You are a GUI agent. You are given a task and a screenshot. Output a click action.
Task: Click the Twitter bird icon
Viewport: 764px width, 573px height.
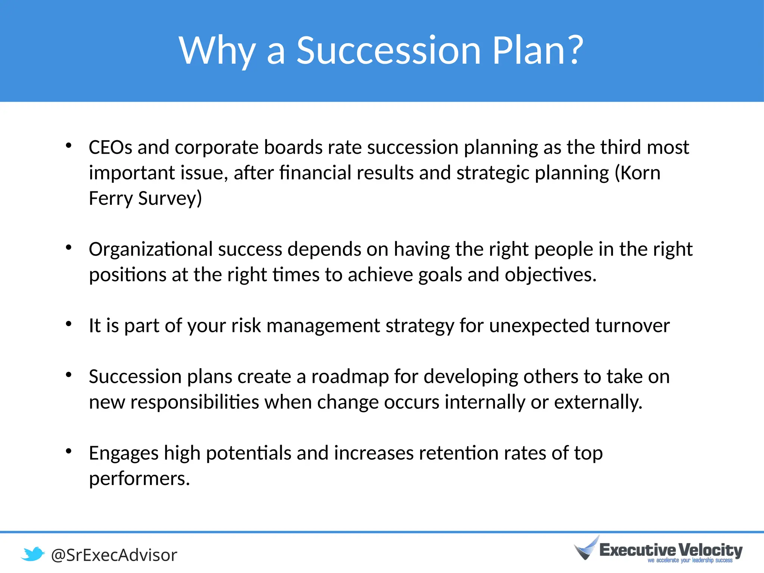point(33,554)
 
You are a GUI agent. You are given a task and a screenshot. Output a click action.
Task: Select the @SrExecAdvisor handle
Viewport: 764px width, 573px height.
point(114,555)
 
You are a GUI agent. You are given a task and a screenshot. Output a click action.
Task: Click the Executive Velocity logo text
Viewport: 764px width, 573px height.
point(671,550)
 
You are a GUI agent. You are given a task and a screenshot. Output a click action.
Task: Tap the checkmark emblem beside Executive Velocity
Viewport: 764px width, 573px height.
point(587,548)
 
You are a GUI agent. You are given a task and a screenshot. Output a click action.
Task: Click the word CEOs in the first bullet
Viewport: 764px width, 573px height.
point(110,147)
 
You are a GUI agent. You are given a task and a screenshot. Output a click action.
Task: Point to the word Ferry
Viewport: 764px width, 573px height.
point(110,198)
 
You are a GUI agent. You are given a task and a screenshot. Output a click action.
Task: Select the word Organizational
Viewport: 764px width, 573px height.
point(151,249)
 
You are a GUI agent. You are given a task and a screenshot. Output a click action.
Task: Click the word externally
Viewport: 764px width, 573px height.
point(598,402)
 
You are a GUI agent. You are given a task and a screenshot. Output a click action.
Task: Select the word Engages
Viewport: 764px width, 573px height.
point(123,454)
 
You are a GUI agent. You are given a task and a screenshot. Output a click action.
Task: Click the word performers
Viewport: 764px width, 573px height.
point(139,479)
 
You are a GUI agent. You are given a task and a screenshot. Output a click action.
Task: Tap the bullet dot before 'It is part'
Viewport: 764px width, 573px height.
point(68,324)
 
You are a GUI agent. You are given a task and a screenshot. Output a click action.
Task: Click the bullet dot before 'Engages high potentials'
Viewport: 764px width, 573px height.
point(68,451)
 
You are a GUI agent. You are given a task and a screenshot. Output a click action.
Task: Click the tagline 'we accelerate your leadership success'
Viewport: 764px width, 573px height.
point(690,561)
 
